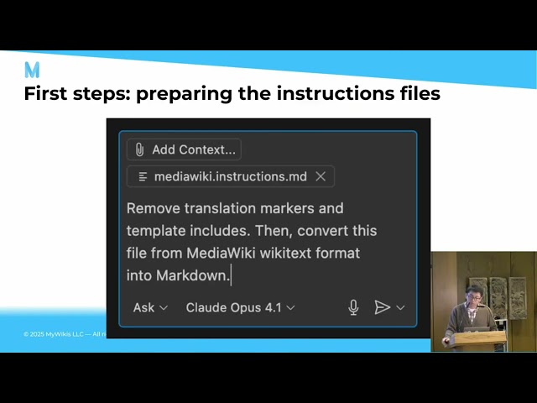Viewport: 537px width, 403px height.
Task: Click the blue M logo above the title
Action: (x=32, y=70)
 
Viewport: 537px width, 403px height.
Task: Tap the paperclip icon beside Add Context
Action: (x=140, y=149)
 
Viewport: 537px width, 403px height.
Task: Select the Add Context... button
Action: (x=184, y=149)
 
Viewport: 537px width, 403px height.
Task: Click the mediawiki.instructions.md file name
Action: (x=230, y=176)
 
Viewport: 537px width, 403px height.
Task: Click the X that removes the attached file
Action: (x=321, y=176)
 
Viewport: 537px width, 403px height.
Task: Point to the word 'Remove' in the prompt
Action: (x=154, y=207)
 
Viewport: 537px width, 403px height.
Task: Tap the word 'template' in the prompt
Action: (x=159, y=230)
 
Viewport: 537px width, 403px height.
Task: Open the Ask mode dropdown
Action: (x=150, y=307)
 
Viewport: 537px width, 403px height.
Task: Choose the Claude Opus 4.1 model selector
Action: (x=240, y=307)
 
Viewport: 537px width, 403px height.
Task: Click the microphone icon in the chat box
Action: (x=354, y=307)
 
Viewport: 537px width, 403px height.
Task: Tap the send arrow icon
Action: (x=382, y=307)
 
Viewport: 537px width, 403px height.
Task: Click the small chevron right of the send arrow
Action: (x=401, y=307)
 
